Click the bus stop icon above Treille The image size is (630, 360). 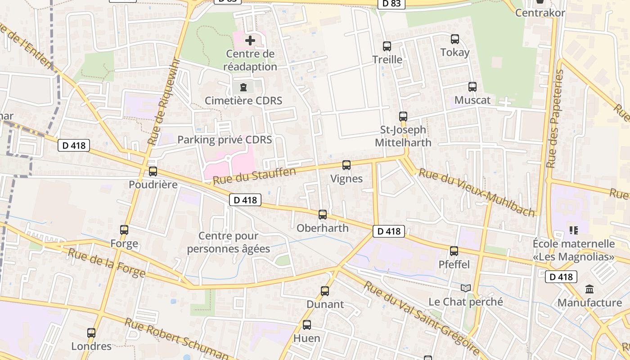pyautogui.click(x=387, y=46)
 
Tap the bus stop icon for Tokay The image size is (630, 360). pyautogui.click(x=455, y=39)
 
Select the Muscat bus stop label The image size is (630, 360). pyautogui.click(x=472, y=100)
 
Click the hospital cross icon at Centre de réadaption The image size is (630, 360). pyautogui.click(x=250, y=40)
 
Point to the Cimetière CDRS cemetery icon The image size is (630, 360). pyautogui.click(x=243, y=87)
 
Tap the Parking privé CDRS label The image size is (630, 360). pyautogui.click(x=225, y=139)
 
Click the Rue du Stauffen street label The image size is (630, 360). pyautogui.click(x=254, y=176)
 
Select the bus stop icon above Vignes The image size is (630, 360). pyautogui.click(x=346, y=165)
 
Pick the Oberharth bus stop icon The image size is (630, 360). pyautogui.click(x=323, y=215)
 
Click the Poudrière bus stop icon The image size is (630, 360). pyautogui.click(x=153, y=171)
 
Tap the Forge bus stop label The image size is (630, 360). pyautogui.click(x=124, y=244)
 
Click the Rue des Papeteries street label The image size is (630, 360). pyautogui.click(x=555, y=119)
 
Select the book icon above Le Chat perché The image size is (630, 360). pyautogui.click(x=465, y=288)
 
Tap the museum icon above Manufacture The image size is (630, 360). pyautogui.click(x=589, y=289)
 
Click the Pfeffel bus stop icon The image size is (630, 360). pyautogui.click(x=454, y=251)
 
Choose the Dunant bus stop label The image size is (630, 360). pyautogui.click(x=325, y=304)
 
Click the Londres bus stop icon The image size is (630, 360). pyautogui.click(x=91, y=333)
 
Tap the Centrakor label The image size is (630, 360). pyautogui.click(x=540, y=13)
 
